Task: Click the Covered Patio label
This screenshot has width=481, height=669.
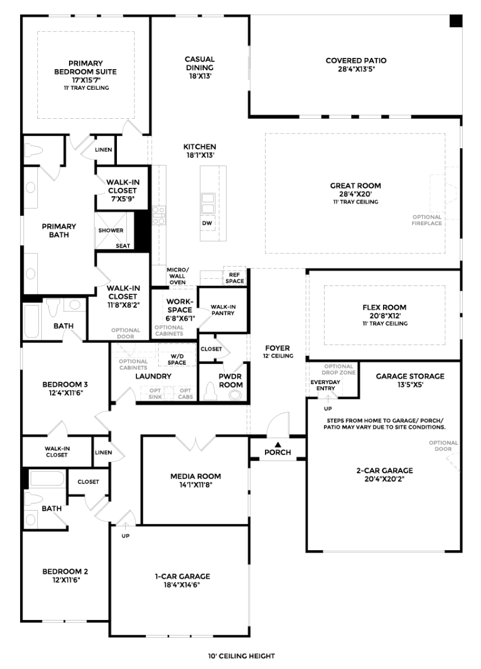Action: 356,61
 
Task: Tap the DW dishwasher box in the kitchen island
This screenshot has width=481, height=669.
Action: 207,223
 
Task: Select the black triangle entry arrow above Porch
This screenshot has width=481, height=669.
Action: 277,444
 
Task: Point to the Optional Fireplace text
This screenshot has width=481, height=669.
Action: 427,220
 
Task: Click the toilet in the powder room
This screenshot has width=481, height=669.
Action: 210,391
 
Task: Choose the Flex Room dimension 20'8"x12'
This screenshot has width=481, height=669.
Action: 384,316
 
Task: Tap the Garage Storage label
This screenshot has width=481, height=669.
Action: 410,376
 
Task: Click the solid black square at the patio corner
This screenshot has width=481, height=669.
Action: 456,21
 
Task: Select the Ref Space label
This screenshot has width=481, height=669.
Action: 235,278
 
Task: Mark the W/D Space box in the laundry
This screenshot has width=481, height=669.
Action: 177,355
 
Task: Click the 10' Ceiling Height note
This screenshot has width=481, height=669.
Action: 241,656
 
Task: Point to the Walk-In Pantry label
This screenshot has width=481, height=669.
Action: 223,310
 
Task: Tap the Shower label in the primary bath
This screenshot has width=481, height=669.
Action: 111,230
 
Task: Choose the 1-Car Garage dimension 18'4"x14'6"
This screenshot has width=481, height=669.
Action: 182,585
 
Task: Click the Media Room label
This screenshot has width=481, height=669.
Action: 195,476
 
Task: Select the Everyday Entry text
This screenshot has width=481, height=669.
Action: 326,385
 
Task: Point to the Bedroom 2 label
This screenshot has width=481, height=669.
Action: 65,571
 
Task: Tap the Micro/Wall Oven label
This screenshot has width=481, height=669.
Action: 177,276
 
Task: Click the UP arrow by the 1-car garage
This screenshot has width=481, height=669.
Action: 125,527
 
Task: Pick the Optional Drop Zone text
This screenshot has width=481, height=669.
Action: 339,369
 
